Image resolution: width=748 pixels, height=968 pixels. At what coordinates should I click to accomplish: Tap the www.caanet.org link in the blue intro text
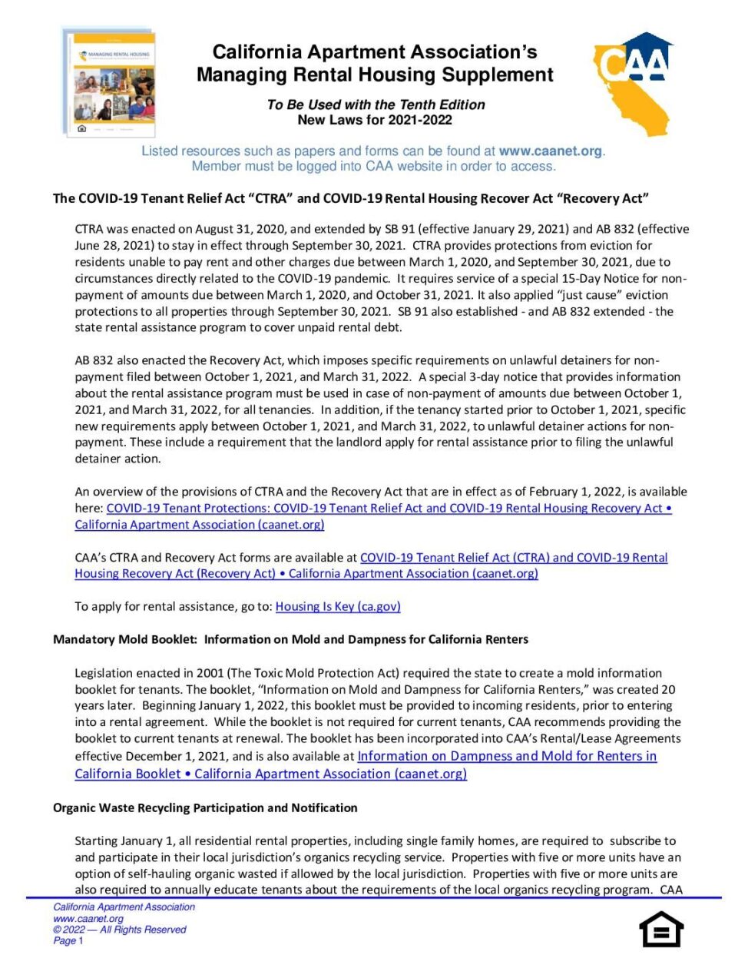550,151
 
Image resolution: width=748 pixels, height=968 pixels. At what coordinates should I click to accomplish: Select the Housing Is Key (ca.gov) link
338,606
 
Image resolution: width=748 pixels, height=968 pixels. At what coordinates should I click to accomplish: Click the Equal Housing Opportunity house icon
661,930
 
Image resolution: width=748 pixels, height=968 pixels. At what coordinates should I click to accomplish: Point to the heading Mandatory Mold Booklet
125,639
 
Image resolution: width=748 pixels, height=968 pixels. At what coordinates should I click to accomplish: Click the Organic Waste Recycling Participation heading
205,807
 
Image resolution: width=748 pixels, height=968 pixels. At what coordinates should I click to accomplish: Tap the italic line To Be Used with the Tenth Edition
376,104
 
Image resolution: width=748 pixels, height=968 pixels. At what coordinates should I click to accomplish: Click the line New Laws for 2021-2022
375,120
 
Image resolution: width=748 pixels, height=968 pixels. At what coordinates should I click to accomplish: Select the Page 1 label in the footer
68,940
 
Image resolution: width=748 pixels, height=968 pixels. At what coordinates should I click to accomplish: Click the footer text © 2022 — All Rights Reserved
120,930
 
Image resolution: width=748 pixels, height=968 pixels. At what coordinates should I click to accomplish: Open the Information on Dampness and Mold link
507,756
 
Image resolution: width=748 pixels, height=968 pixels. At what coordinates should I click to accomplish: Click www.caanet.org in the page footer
88,919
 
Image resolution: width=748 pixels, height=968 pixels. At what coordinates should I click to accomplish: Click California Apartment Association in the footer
124,907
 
